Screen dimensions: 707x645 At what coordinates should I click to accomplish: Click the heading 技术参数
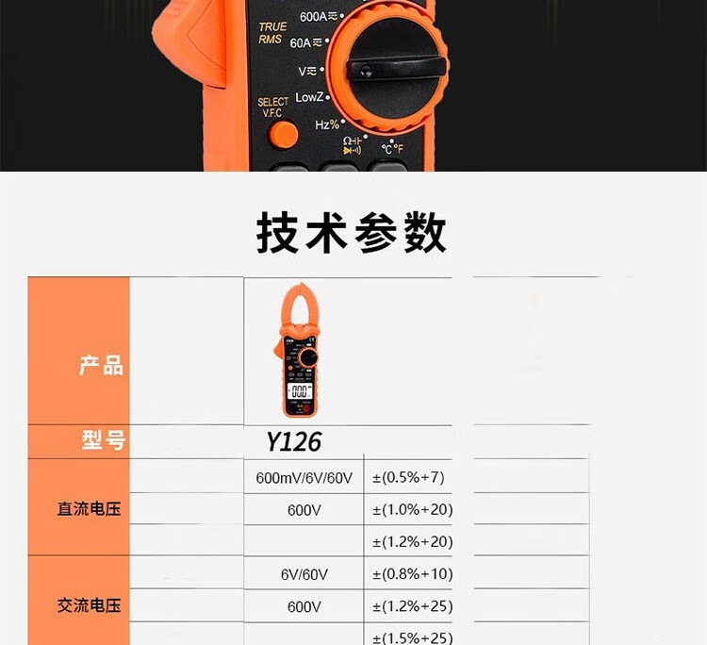(x=352, y=233)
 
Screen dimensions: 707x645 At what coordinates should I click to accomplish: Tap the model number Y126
(x=293, y=441)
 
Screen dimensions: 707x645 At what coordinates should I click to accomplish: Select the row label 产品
(x=101, y=365)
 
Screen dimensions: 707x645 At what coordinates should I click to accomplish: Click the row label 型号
(x=103, y=440)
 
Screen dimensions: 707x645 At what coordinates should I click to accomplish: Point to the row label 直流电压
(x=90, y=509)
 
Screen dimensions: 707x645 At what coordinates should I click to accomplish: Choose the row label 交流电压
(x=90, y=605)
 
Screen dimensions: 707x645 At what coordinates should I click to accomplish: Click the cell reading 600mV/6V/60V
(x=304, y=478)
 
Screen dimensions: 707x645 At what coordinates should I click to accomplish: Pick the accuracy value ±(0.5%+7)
(x=408, y=477)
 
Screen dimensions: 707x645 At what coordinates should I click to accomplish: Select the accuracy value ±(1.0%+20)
(x=413, y=510)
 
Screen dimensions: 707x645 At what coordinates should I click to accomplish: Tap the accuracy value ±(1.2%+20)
(x=413, y=541)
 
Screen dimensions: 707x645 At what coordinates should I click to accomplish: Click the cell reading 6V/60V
(x=304, y=574)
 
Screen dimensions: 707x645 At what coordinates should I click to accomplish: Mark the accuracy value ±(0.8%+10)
(x=413, y=574)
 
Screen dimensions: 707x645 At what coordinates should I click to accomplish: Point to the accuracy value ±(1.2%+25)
(x=413, y=606)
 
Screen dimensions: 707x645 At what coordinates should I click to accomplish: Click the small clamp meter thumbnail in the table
(x=299, y=350)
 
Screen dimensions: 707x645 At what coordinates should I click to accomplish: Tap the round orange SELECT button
(x=283, y=135)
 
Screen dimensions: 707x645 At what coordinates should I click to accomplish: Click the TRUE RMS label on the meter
(x=271, y=33)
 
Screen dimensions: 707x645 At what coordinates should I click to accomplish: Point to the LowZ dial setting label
(x=309, y=97)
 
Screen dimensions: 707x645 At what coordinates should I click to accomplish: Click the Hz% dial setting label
(x=327, y=124)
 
